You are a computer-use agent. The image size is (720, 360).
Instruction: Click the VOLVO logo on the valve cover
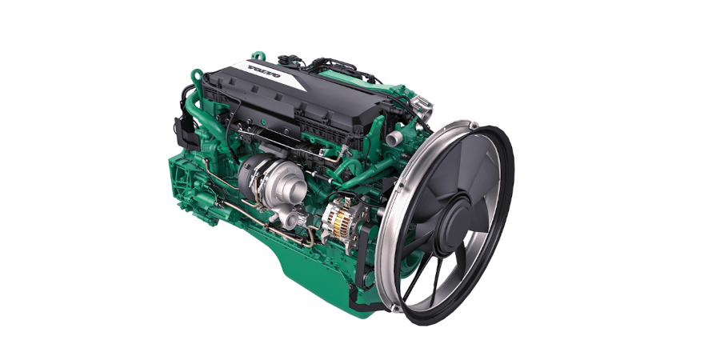point(264,72)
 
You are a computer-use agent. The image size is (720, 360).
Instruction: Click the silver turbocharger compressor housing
point(290,182)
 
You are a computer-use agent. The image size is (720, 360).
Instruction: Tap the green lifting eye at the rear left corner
point(197,76)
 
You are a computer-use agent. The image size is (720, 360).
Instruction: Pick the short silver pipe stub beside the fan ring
point(394,138)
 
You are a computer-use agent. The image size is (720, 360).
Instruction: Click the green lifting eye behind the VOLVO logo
point(258,56)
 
